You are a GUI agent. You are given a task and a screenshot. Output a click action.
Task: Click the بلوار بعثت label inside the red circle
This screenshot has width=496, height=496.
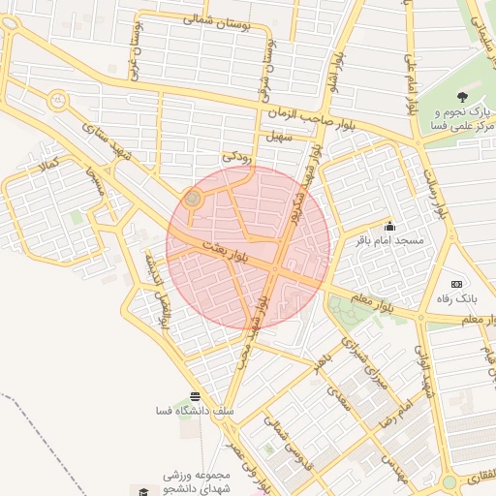coord(229,250)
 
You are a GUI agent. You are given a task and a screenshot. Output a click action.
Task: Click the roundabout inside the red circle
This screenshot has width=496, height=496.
coord(192,200)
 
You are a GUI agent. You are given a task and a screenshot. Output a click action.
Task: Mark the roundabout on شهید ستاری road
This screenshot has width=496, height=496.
coord(58,99)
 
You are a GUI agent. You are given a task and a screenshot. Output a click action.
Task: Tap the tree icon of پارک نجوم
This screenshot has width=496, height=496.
coord(462,97)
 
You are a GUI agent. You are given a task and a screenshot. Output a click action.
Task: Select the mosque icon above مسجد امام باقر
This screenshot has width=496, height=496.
coord(389,226)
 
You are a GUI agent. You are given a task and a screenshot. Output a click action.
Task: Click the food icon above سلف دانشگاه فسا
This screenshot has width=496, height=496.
coord(196,396)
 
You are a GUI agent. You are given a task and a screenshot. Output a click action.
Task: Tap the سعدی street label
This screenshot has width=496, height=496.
coord(338,395)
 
